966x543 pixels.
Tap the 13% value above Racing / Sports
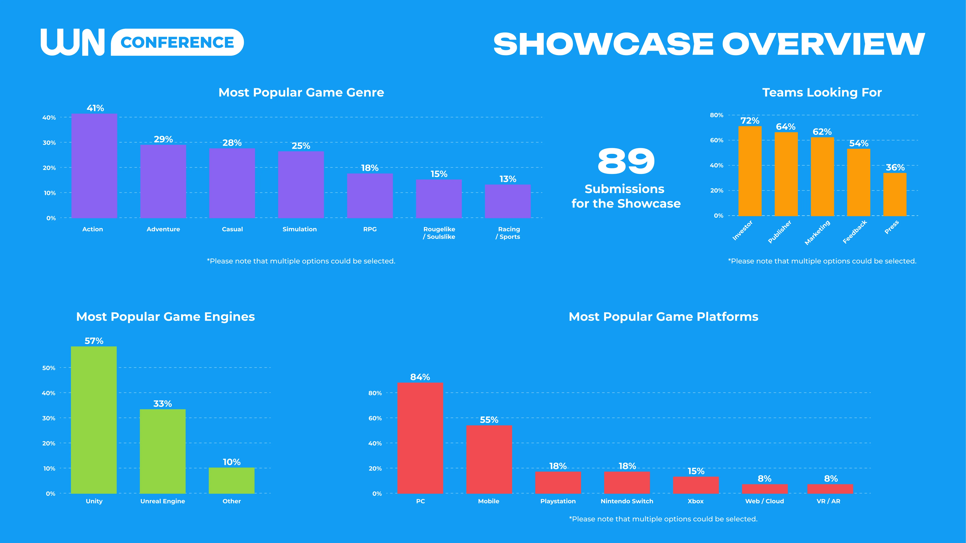pos(508,179)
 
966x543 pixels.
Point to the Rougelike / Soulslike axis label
pos(439,233)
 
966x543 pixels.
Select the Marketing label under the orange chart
pos(817,232)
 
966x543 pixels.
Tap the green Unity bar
pos(94,420)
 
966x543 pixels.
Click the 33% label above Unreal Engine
pos(162,404)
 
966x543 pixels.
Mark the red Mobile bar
pos(489,459)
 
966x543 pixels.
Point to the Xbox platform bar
pos(696,485)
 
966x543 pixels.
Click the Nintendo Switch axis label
pos(627,501)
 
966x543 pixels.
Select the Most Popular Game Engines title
pos(165,317)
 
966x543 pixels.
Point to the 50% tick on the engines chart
pos(49,368)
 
